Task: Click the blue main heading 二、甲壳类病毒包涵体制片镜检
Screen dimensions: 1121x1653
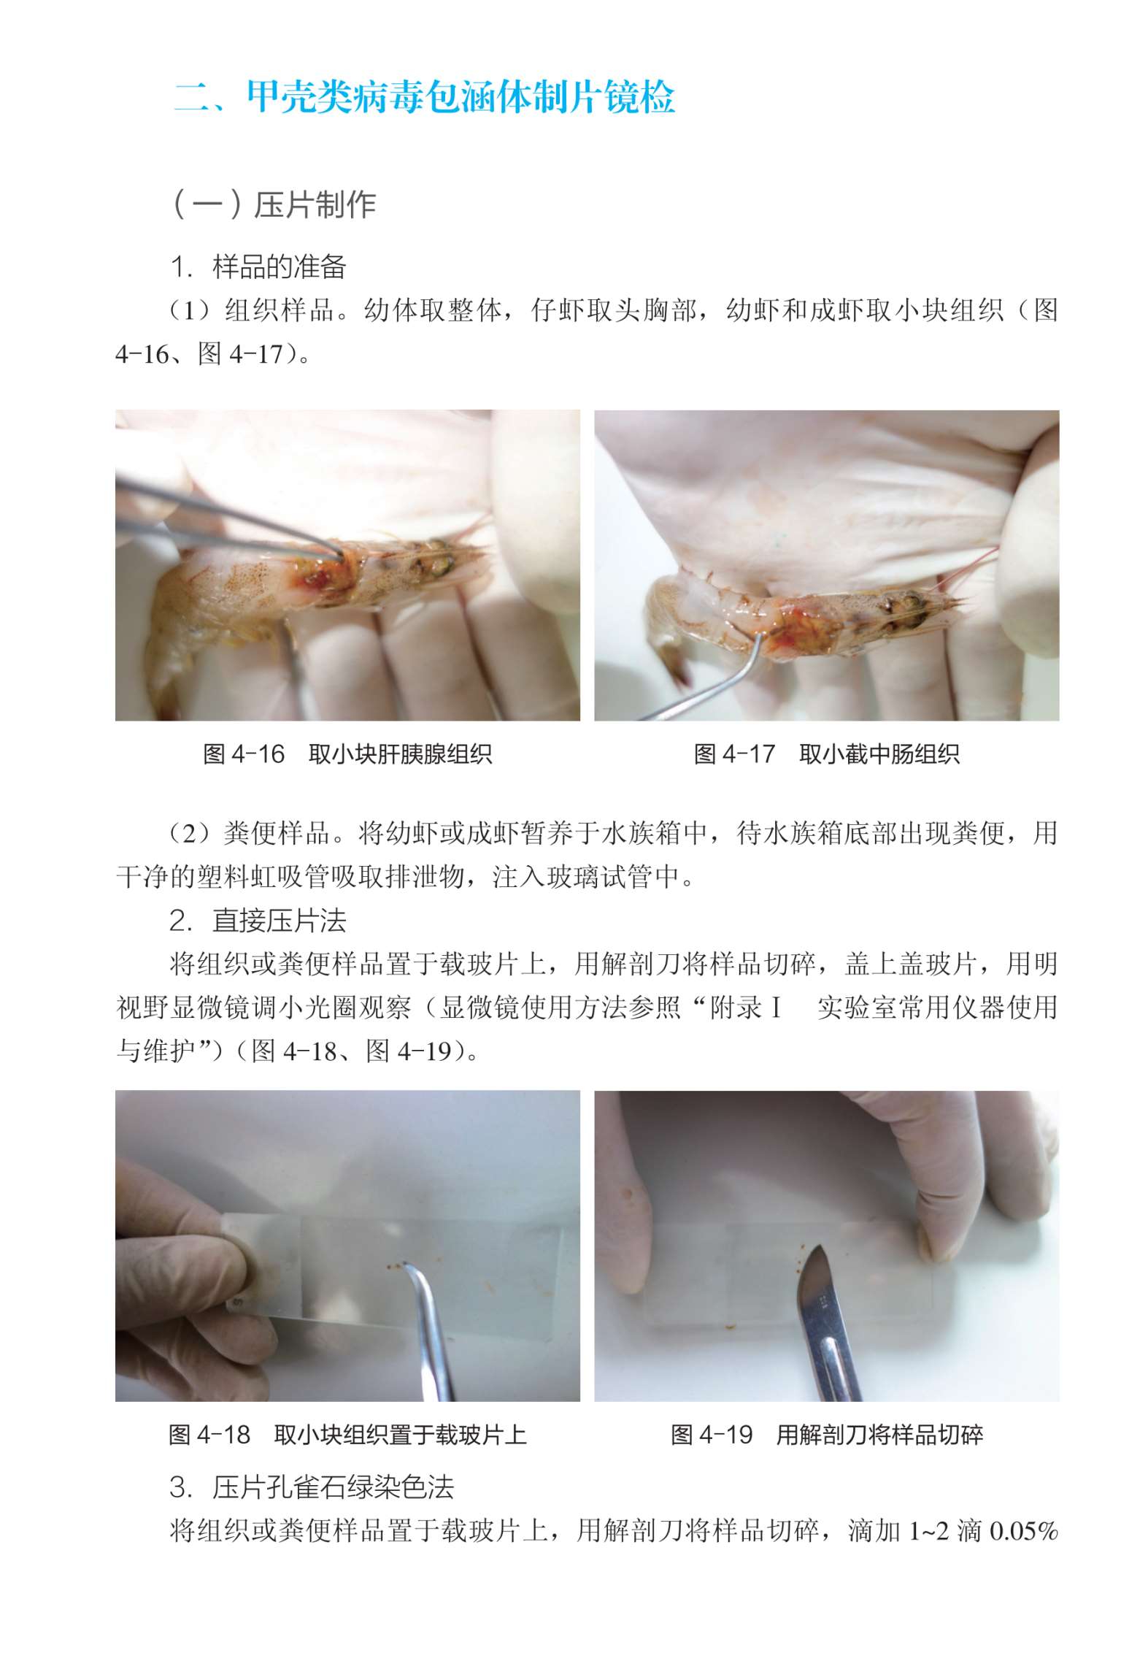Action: click(x=424, y=97)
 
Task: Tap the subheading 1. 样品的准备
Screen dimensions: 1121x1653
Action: click(x=258, y=267)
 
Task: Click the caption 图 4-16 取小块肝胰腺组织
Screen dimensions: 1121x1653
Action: click(x=347, y=753)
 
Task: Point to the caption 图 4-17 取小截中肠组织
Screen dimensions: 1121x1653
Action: click(x=826, y=753)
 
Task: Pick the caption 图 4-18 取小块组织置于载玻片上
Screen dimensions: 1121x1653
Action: click(x=347, y=1435)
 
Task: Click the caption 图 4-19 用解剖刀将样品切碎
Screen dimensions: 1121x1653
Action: click(x=826, y=1435)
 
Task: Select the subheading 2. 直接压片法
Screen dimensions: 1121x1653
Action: click(x=258, y=921)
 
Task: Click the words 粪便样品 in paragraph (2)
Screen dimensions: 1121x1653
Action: click(x=279, y=832)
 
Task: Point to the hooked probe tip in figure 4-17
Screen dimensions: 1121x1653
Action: click(x=758, y=638)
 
